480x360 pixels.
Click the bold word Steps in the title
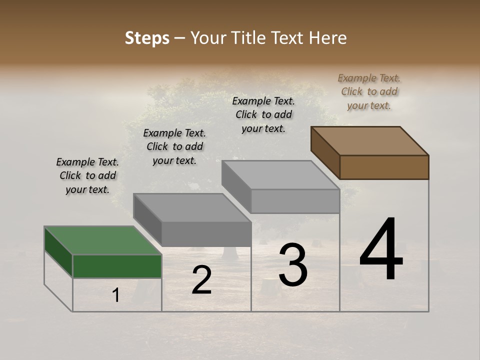(147, 38)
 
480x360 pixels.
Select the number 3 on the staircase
(293, 265)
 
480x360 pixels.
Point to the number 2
(202, 280)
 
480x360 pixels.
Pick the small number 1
(116, 295)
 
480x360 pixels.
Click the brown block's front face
(384, 167)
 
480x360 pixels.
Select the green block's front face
(117, 266)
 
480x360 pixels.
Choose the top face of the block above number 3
(280, 175)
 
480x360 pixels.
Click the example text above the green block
(87, 175)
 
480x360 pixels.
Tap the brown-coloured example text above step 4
(369, 91)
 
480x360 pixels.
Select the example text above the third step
(263, 114)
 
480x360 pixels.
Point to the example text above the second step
(174, 146)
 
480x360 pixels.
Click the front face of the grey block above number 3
(295, 201)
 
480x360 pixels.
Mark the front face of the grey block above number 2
(206, 234)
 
